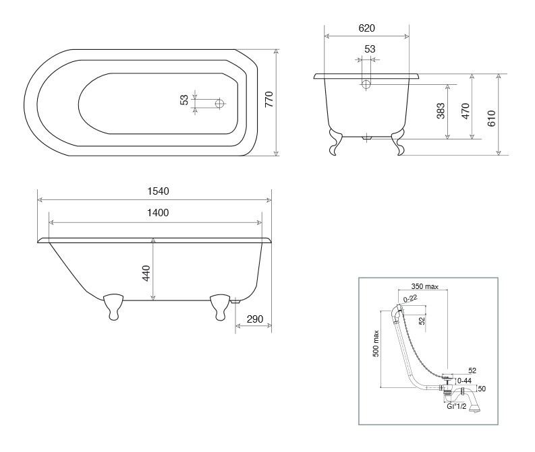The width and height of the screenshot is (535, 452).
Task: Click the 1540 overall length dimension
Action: [x=158, y=191]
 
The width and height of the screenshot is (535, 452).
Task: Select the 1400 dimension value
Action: [x=158, y=213]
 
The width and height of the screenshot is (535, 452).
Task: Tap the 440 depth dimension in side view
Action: [x=146, y=273]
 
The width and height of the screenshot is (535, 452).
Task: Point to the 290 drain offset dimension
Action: [x=255, y=319]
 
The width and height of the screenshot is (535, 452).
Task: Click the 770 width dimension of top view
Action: [x=269, y=99]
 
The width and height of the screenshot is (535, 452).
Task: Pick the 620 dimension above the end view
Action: [x=367, y=28]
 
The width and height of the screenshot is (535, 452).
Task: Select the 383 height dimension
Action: [x=441, y=110]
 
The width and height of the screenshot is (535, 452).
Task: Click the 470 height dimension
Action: [x=466, y=111]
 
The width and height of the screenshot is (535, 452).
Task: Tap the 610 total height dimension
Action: [x=491, y=119]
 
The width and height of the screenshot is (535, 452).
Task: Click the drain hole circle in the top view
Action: [x=220, y=103]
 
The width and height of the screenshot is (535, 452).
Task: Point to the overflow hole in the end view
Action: [x=366, y=84]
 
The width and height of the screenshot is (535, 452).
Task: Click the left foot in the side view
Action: [x=113, y=306]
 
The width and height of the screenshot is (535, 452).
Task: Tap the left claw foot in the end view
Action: [x=335, y=141]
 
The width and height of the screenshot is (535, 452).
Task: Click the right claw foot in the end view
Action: [x=398, y=141]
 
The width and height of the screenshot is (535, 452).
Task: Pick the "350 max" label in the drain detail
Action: [x=425, y=286]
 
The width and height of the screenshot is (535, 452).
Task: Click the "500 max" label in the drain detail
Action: [x=376, y=343]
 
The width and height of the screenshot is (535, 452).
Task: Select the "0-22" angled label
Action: [x=410, y=298]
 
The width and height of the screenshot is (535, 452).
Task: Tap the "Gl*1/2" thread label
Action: [x=456, y=406]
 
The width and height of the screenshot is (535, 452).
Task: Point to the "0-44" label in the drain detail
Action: [x=464, y=381]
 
